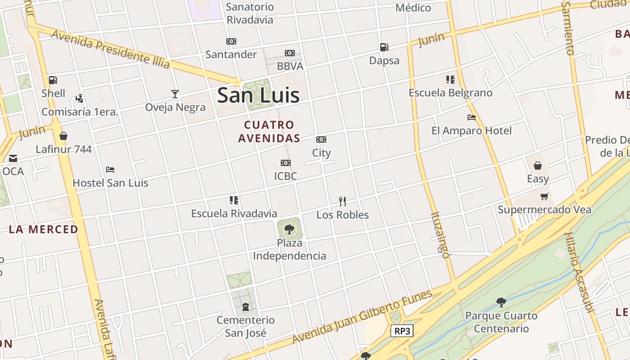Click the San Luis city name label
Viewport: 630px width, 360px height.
[258, 95]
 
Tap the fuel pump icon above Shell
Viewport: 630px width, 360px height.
[53, 81]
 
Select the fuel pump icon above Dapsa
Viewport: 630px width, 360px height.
[384, 47]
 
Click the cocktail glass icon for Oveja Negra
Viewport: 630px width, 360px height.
[175, 94]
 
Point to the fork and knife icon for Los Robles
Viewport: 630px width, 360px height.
[342, 201]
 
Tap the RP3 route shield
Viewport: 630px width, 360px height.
[402, 331]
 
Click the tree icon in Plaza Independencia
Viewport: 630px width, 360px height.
[289, 229]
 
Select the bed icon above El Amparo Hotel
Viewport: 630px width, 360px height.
[471, 117]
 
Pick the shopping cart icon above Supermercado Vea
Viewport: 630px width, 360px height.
[544, 196]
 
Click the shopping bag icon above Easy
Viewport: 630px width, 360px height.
[538, 166]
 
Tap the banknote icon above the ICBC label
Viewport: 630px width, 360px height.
[285, 163]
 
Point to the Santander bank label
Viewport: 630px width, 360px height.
[231, 54]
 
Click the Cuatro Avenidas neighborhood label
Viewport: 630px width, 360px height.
[269, 131]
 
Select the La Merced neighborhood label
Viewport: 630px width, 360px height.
[44, 229]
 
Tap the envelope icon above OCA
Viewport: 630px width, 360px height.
[13, 158]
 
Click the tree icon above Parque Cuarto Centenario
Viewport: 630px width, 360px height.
[501, 302]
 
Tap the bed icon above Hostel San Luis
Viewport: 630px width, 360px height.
[110, 170]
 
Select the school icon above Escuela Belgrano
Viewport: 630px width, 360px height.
[450, 80]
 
